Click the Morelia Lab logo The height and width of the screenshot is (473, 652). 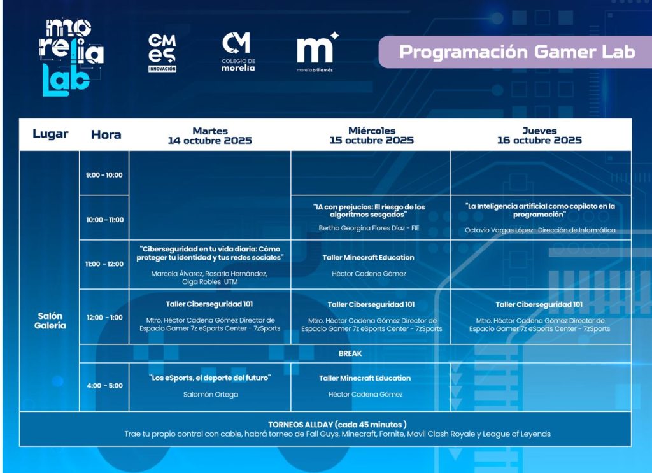click(71, 57)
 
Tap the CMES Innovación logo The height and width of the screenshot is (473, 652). click(162, 53)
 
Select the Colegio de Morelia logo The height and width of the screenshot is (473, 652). click(238, 52)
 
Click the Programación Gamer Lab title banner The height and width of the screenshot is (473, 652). click(515, 52)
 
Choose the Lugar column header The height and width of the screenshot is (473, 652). click(50, 134)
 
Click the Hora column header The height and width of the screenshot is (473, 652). click(106, 135)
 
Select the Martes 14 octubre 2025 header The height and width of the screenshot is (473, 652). click(210, 136)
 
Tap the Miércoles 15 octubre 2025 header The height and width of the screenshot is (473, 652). click(372, 135)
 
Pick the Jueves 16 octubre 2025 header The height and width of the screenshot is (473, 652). click(539, 135)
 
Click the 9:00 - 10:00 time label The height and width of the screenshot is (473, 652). click(104, 175)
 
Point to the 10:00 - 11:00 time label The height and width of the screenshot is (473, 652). click(105, 220)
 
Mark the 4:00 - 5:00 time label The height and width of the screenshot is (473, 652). click(105, 386)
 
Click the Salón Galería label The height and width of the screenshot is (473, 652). click(50, 320)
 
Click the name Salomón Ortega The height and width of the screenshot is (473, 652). click(211, 394)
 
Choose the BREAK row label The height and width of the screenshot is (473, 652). click(350, 353)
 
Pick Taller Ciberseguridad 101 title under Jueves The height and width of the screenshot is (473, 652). click(539, 304)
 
